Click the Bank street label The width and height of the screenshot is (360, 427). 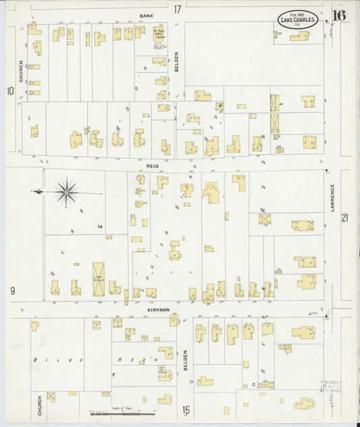point(147,15)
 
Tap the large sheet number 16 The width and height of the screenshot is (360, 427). point(339,16)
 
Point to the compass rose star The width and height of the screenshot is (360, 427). point(67,192)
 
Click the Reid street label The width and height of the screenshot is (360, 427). point(153,164)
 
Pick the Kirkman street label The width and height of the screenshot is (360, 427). point(157,309)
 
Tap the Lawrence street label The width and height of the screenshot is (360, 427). point(332,199)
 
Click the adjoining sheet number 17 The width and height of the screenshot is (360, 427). point(177,9)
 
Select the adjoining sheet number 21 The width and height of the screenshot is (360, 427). point(345,218)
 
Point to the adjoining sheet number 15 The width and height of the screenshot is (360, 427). point(185,409)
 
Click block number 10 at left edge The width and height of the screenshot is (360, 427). point(10,91)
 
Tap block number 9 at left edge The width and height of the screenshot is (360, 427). point(12,291)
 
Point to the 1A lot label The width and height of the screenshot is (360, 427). point(99,226)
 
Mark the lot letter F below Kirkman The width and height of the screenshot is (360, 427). point(114,373)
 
